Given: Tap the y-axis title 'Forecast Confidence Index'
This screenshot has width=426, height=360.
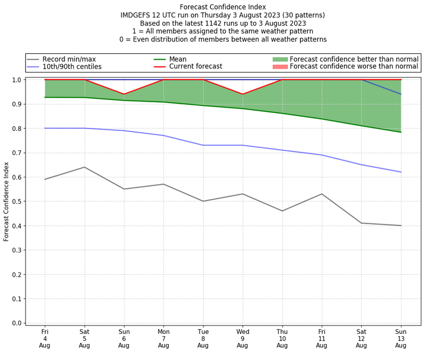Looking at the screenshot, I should click(x=7, y=201).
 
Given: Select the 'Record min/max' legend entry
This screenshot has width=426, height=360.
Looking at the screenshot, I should click(x=69, y=59).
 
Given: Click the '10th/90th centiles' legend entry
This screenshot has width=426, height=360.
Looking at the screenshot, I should click(x=72, y=67).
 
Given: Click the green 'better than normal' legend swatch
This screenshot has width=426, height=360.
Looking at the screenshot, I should click(x=280, y=59).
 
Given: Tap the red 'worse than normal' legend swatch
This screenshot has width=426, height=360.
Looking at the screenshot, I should click(x=280, y=67).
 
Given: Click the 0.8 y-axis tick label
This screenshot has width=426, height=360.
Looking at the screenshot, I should click(x=16, y=128).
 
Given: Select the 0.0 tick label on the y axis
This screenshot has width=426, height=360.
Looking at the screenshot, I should click(x=16, y=323).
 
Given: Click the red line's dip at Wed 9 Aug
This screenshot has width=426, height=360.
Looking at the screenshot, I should click(x=243, y=94).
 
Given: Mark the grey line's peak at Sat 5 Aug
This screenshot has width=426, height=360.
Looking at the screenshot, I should click(x=84, y=167).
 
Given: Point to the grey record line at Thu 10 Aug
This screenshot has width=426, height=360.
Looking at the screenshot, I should click(x=282, y=211).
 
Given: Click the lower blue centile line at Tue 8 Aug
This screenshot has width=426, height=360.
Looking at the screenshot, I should click(x=203, y=145).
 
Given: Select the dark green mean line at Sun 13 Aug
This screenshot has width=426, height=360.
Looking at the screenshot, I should click(x=401, y=132).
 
